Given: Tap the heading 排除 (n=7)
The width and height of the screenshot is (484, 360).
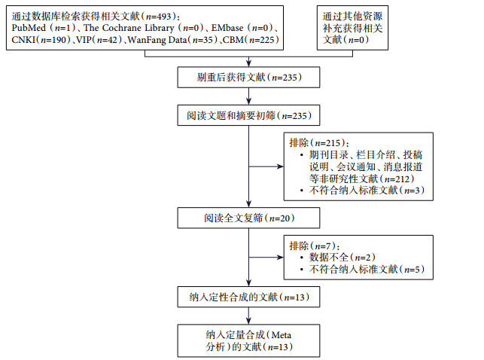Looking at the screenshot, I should click(314, 246).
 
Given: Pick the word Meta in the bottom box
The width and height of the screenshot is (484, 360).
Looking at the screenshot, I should click(279, 334).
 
